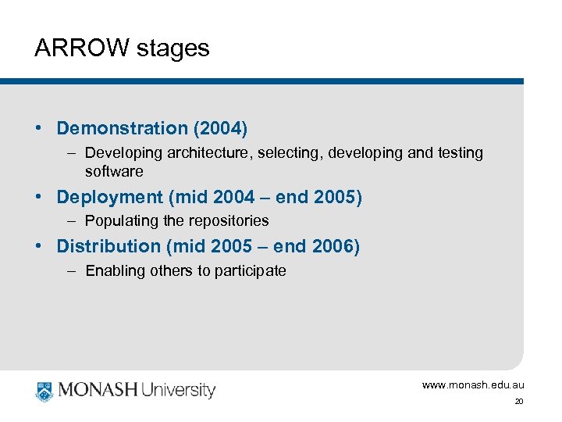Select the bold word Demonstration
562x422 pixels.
(123, 128)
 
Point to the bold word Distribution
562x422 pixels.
(108, 247)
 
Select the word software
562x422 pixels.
(114, 171)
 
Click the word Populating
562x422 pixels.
(118, 221)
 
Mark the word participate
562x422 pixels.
(253, 271)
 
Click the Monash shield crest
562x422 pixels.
(44, 390)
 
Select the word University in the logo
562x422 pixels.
(179, 390)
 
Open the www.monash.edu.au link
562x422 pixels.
(473, 384)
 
